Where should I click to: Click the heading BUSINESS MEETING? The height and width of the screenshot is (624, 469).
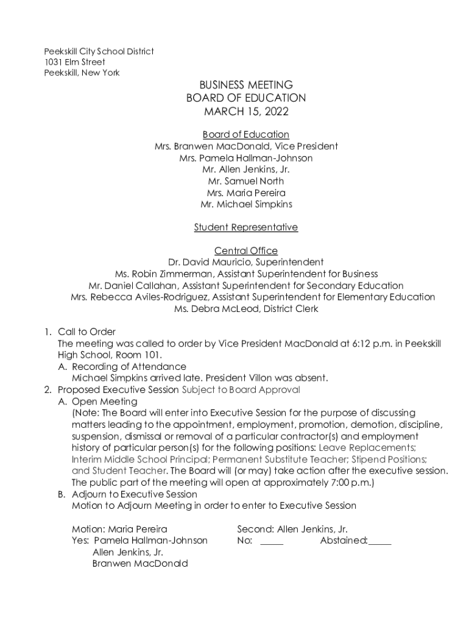click(x=246, y=85)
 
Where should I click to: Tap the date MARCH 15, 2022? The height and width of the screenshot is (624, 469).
click(x=246, y=112)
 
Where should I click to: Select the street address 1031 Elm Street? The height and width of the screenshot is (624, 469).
click(x=74, y=62)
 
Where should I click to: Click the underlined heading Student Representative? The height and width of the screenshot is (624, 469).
click(x=246, y=227)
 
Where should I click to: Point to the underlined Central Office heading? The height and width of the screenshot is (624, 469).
click(x=246, y=250)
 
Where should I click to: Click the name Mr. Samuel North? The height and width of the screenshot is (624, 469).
click(x=246, y=181)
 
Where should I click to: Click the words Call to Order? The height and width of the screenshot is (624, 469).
click(x=86, y=332)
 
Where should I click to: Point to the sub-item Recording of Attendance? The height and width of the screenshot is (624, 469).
click(x=129, y=367)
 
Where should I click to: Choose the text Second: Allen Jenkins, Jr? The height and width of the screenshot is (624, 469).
click(x=292, y=530)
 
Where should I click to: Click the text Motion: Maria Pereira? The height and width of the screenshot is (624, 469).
click(x=119, y=530)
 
